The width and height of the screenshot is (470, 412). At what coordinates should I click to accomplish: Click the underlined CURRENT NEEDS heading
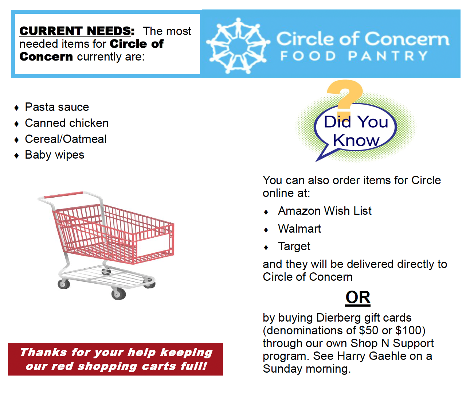tap(77, 31)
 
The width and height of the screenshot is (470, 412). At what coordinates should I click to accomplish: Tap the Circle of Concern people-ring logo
tap(238, 46)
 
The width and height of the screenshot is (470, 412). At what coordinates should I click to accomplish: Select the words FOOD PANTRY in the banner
tap(354, 56)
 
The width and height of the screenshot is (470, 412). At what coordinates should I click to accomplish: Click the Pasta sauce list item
tap(57, 107)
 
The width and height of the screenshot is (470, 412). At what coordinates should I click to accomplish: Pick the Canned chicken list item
tap(67, 123)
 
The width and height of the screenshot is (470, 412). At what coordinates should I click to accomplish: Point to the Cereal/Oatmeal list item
tap(66, 139)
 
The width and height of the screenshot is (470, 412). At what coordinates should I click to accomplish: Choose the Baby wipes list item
tap(55, 155)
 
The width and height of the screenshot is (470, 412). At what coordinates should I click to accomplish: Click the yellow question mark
tap(345, 98)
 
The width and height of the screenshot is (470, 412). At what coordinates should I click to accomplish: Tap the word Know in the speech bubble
tap(356, 140)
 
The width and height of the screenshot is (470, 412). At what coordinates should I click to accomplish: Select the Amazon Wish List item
tap(325, 211)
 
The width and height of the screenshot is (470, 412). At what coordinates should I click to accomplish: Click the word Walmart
tap(299, 229)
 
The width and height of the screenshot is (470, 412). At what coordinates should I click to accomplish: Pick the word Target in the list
tap(294, 246)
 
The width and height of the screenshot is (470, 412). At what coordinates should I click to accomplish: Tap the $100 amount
tap(408, 331)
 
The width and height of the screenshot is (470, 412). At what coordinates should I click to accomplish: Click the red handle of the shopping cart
tap(63, 195)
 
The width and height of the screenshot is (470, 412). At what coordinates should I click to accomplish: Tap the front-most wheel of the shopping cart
tap(118, 294)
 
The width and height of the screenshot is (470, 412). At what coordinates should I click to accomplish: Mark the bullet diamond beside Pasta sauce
tap(16, 108)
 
